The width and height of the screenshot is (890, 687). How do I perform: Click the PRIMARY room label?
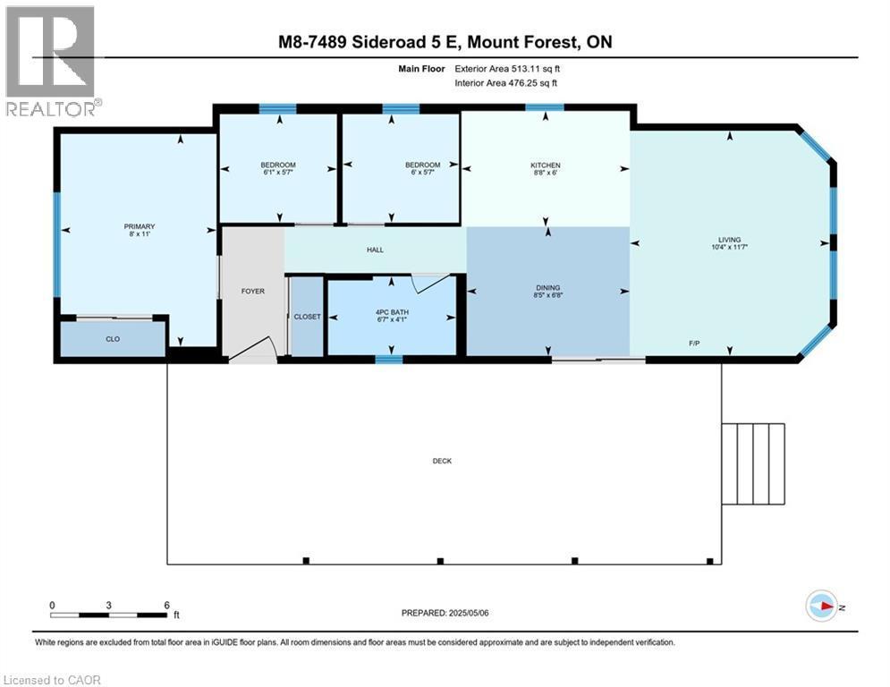pos(140,226)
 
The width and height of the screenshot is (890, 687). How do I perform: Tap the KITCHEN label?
pos(546,165)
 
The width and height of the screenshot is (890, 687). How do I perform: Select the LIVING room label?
pos(730,240)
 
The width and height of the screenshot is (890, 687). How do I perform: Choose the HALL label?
pos(375,250)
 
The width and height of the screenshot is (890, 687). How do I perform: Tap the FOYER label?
pos(253,291)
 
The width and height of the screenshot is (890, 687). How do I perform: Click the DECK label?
pos(442,462)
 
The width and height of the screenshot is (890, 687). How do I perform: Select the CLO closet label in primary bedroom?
pos(113,339)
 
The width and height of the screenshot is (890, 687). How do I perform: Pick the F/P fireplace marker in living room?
pos(693,344)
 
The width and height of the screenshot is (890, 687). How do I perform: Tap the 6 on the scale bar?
pos(166,605)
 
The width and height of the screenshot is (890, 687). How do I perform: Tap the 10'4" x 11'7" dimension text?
pos(730,248)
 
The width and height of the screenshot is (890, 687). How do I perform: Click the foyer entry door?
pos(252,351)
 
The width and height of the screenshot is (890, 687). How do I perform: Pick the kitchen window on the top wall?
pos(544,108)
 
